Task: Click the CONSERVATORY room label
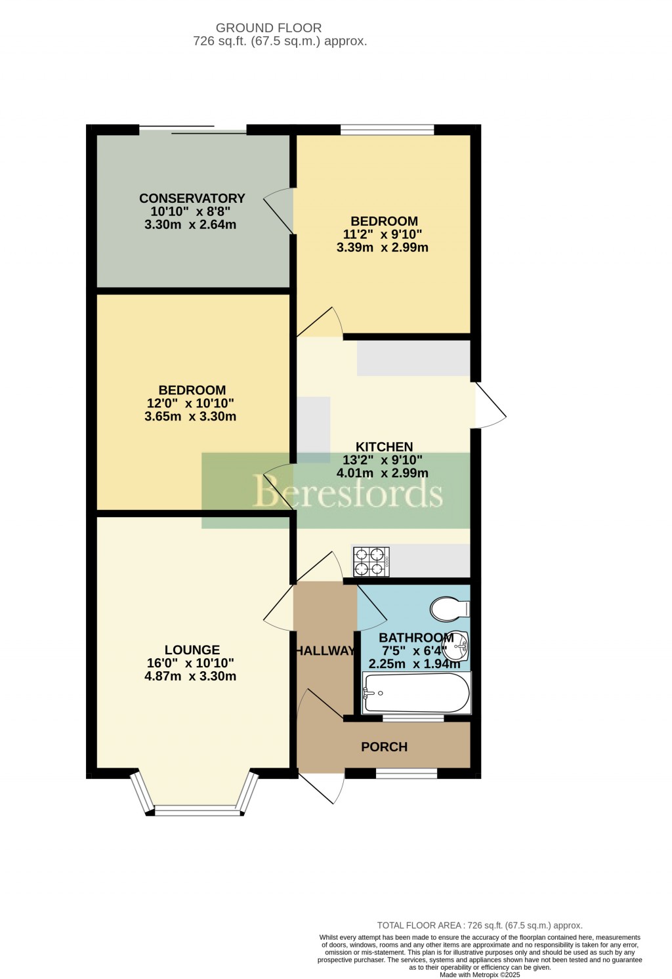[x=192, y=198]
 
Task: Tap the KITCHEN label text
[x=384, y=447]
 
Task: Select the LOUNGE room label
[x=192, y=650]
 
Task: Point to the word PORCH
[x=384, y=747]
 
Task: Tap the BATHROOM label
[x=416, y=638]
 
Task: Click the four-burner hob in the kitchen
[x=371, y=562]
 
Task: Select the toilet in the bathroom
[x=450, y=608]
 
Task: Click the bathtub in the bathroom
[x=416, y=693]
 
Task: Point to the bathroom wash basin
[x=457, y=646]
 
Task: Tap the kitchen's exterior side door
[x=489, y=406]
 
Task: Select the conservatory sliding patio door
[x=193, y=129]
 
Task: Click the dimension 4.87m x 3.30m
[x=190, y=677]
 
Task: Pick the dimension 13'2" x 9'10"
[x=383, y=460]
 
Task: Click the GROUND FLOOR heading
[x=268, y=28]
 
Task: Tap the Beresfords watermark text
[x=348, y=493]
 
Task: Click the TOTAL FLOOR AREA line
[x=479, y=925]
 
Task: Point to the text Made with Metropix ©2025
[x=479, y=975]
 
